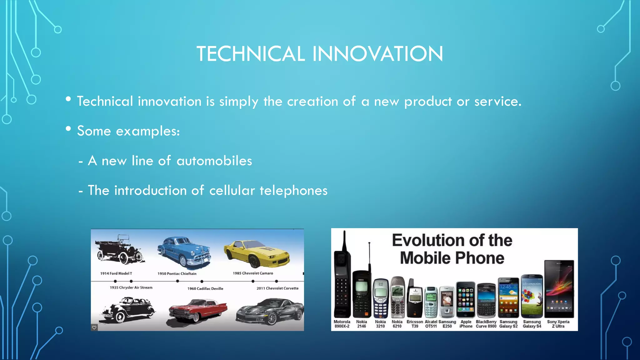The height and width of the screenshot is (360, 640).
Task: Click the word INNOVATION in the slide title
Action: click(377, 54)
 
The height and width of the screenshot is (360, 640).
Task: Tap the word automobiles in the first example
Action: click(214, 161)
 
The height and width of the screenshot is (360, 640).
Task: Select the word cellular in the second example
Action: click(232, 191)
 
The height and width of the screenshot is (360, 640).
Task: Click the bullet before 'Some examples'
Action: click(68, 129)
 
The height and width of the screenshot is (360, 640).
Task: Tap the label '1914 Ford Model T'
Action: click(116, 273)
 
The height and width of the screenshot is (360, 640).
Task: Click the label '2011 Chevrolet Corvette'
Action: click(277, 288)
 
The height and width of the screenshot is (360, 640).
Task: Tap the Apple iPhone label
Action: click(466, 324)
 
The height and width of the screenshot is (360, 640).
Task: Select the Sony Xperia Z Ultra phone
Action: click(559, 289)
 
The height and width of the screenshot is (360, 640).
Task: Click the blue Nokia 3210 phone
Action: click(380, 298)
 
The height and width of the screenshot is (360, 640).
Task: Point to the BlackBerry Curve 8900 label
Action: click(486, 324)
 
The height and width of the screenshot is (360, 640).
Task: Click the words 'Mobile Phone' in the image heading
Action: click(452, 258)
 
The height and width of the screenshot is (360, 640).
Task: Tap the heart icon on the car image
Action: click(94, 327)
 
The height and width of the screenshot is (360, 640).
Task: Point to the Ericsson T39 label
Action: click(415, 324)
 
